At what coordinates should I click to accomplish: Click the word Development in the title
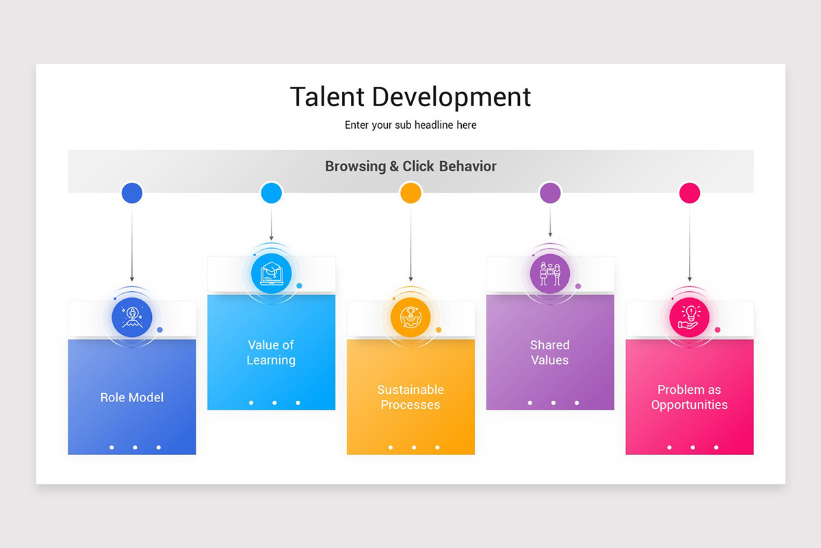[x=452, y=97]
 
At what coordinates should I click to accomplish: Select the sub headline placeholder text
[x=410, y=125]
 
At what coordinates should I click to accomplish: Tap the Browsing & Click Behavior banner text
[x=410, y=166]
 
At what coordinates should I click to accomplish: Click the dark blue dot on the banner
[x=132, y=193]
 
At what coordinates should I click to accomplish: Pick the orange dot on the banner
[x=410, y=193]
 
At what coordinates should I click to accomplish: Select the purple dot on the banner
[x=550, y=193]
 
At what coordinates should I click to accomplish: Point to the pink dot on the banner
[x=690, y=193]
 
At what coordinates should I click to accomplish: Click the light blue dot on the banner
[x=272, y=193]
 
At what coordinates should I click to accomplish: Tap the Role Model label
[x=132, y=397]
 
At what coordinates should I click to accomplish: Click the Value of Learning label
[x=272, y=352]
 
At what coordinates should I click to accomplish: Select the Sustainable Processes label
[x=410, y=397]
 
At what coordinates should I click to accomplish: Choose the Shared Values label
[x=550, y=352]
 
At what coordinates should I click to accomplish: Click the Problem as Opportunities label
[x=690, y=397]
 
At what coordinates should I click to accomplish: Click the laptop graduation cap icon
[x=272, y=273]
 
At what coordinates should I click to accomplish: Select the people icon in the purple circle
[x=550, y=273]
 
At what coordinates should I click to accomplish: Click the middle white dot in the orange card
[x=414, y=447]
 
